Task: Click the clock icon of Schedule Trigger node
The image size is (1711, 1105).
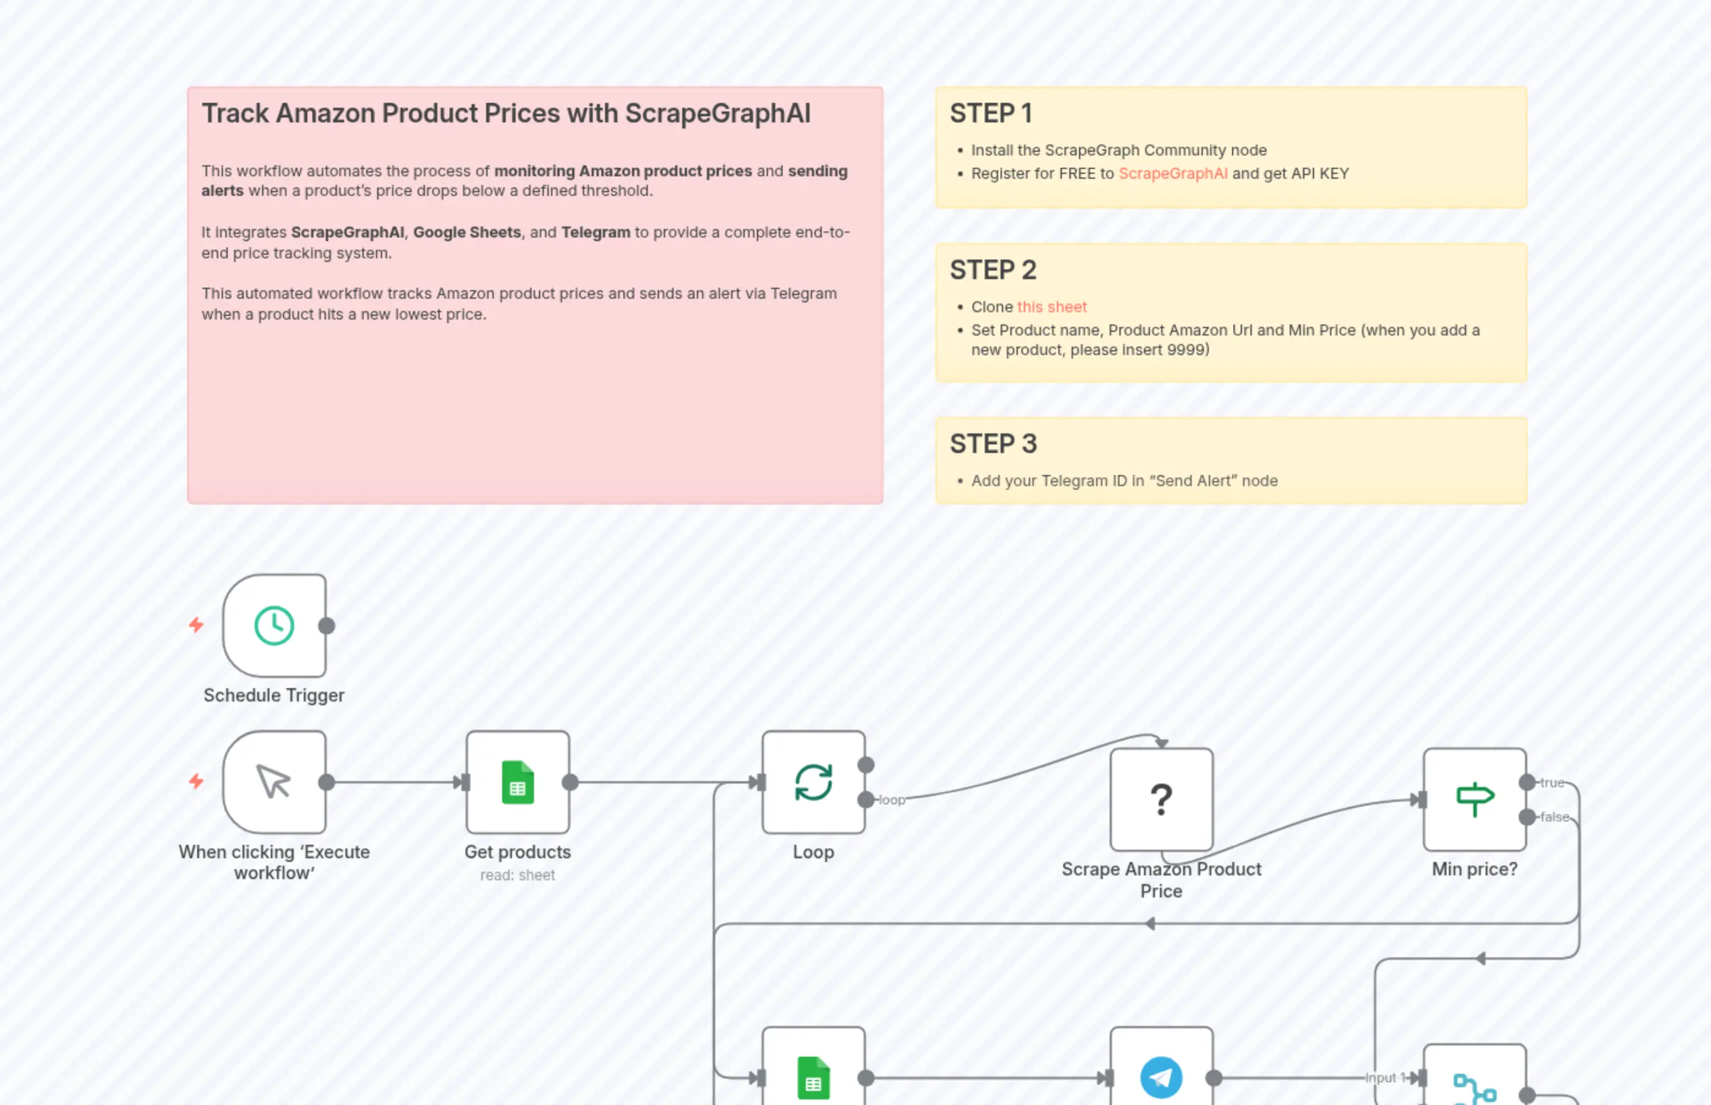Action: [274, 625]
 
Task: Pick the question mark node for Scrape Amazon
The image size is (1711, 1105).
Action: [1160, 799]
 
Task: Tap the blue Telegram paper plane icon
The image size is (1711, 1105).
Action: [1160, 1077]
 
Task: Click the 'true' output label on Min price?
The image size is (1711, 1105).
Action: [1552, 783]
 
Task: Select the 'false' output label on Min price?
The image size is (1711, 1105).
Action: [1555, 817]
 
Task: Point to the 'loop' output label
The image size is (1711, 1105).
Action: [892, 800]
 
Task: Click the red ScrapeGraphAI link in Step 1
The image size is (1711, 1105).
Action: [1173, 174]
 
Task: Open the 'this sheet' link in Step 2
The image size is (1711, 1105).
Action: [1051, 307]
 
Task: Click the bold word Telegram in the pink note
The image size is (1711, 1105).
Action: [595, 233]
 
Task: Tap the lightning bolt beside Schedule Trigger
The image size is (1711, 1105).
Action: [196, 625]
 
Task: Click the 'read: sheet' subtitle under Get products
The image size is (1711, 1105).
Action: [517, 875]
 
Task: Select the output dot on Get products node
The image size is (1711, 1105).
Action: [570, 782]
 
